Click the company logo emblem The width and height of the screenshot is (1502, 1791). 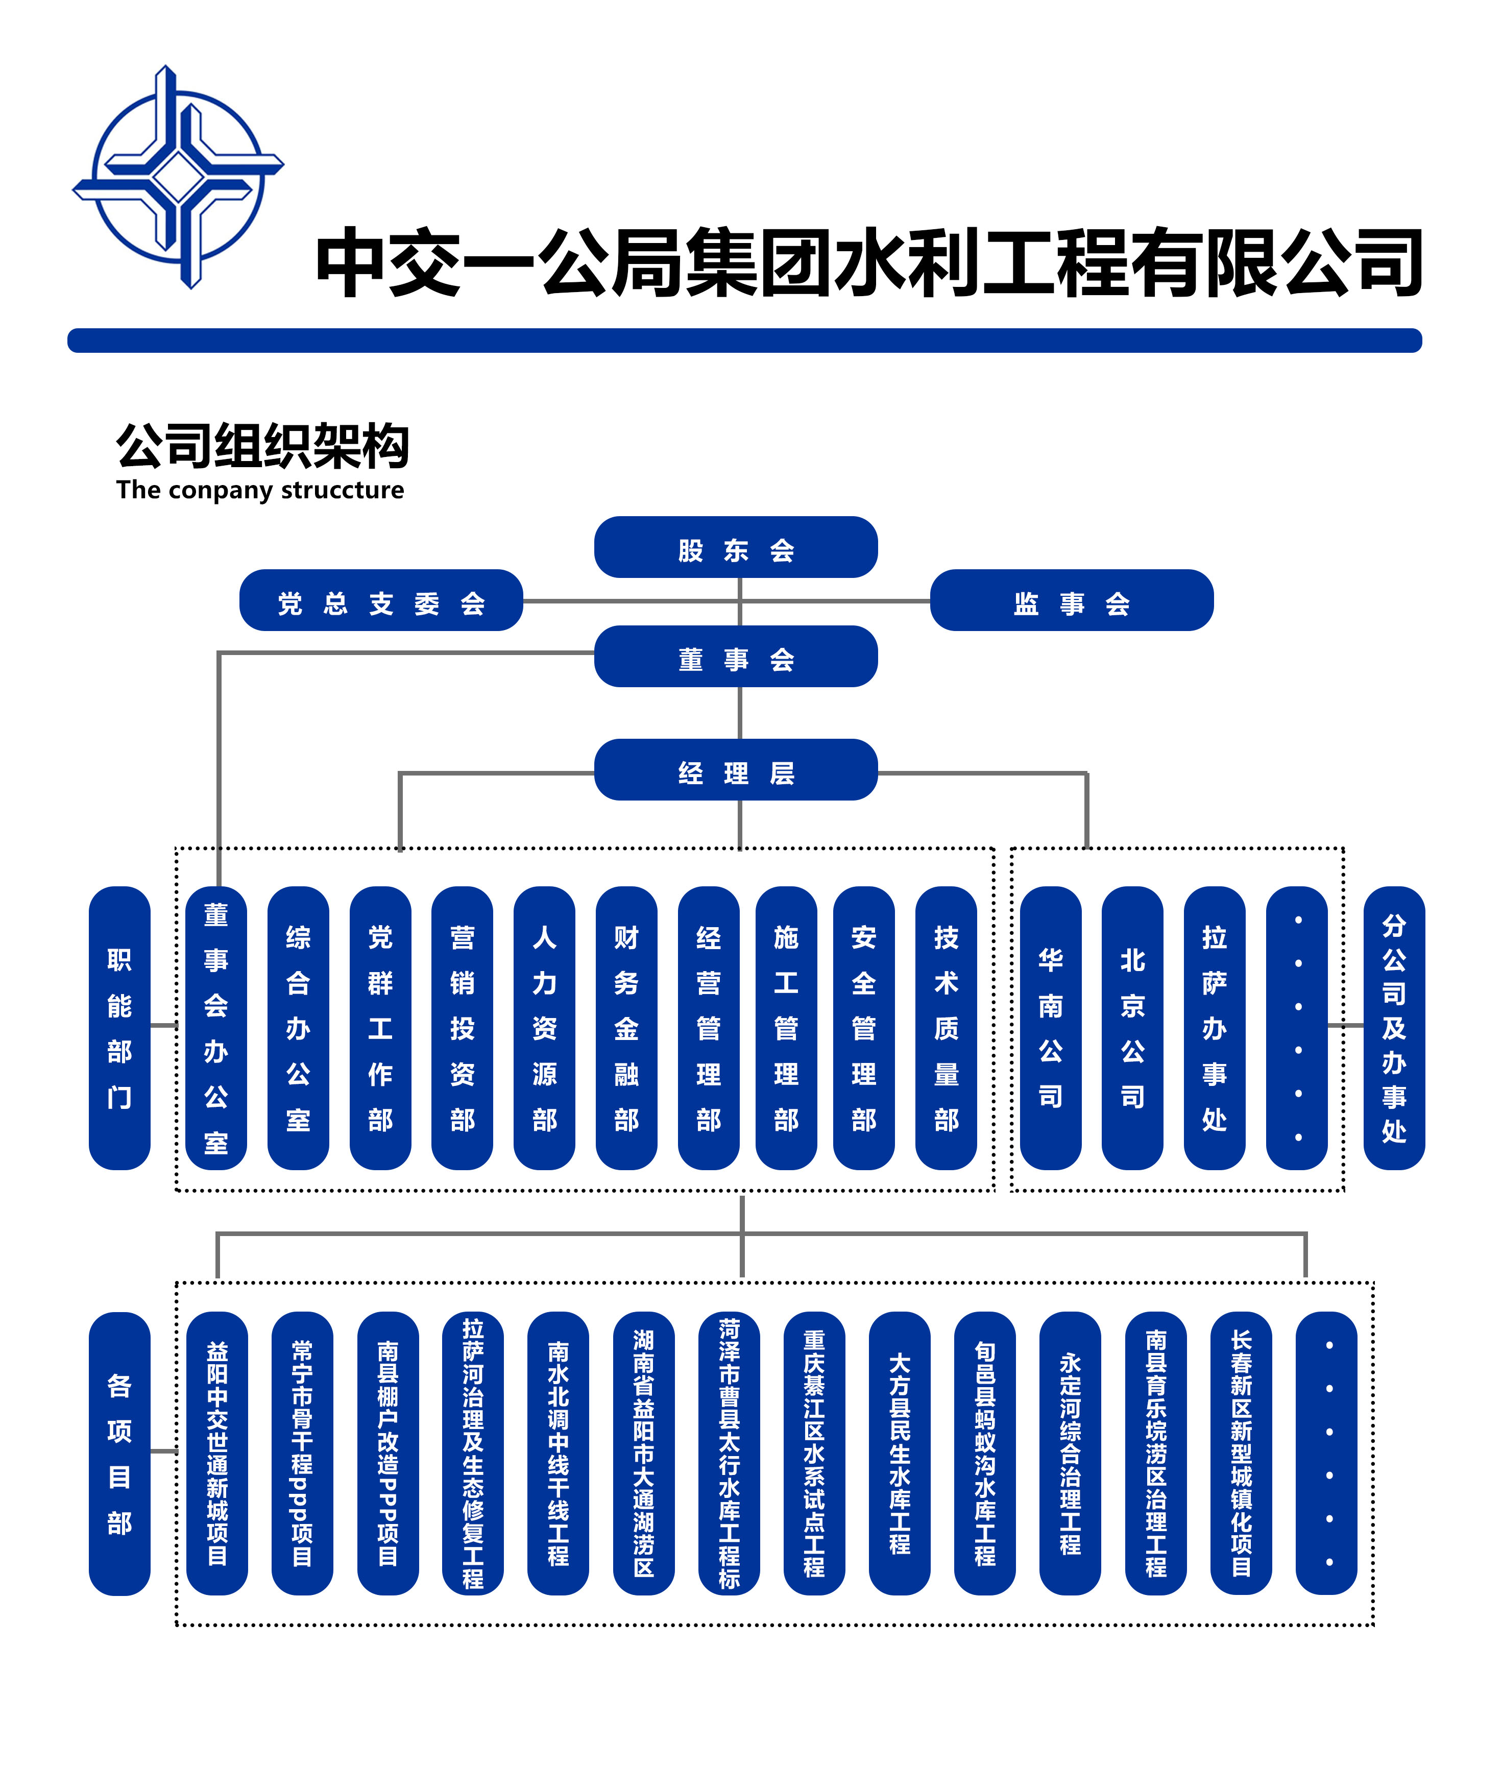pyautogui.click(x=177, y=177)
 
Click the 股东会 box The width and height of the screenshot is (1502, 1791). pyautogui.click(x=735, y=547)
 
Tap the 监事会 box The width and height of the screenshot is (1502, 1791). pyautogui.click(x=1071, y=600)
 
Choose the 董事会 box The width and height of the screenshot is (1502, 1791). pyautogui.click(x=735, y=657)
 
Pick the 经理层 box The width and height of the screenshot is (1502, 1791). pyautogui.click(x=735, y=770)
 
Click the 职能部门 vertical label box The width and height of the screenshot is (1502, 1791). pyautogui.click(x=119, y=1028)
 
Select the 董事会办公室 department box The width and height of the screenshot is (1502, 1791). pyautogui.click(x=216, y=1028)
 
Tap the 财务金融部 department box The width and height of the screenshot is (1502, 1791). pyautogui.click(x=626, y=1028)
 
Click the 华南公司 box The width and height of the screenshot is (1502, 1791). pyautogui.click(x=1050, y=1028)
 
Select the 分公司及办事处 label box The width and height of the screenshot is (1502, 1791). pyautogui.click(x=1394, y=1028)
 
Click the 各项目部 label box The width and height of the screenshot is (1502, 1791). pyautogui.click(x=119, y=1453)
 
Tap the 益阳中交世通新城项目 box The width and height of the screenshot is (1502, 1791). pyautogui.click(x=216, y=1453)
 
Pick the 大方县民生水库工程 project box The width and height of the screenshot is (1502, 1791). pyautogui.click(x=899, y=1453)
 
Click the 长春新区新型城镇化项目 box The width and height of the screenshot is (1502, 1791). pyautogui.click(x=1241, y=1453)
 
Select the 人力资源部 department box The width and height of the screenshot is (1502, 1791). pyautogui.click(x=544, y=1028)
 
